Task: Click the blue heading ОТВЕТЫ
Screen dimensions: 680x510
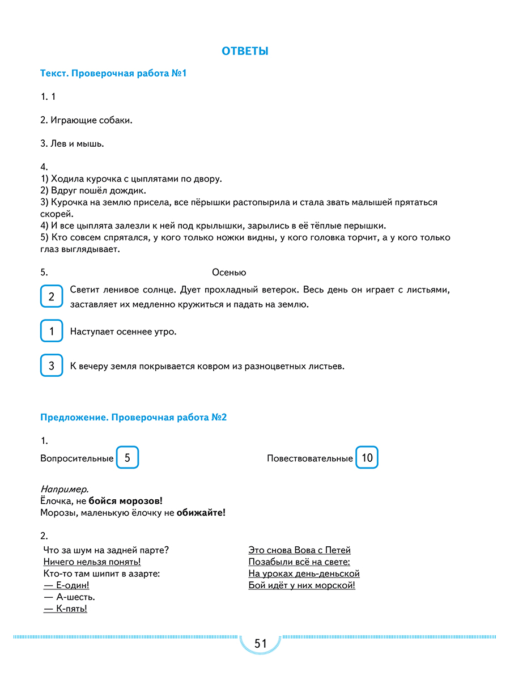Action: [245, 52]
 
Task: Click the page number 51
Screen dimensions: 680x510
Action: [260, 644]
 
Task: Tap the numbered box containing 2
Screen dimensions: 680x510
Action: [52, 297]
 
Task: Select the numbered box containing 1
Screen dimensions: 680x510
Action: [52, 331]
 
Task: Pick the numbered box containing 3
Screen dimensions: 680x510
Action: [52, 366]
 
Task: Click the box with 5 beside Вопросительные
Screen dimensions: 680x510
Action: [127, 458]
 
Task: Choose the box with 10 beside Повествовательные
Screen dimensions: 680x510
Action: [367, 458]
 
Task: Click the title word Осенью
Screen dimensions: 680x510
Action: [229, 273]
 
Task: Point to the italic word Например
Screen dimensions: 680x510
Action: [65, 489]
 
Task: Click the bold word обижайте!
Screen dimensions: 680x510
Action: [201, 513]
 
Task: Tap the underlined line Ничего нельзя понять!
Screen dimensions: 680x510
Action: [92, 562]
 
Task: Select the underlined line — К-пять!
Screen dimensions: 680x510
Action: [65, 609]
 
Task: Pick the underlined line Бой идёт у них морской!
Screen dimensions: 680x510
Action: [301, 585]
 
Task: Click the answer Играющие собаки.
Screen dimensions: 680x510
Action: [91, 120]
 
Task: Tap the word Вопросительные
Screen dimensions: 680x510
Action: [77, 458]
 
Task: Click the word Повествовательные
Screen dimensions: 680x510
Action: [310, 458]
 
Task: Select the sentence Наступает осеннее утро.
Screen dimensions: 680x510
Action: [124, 331]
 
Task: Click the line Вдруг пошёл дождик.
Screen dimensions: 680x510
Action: [99, 191]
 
